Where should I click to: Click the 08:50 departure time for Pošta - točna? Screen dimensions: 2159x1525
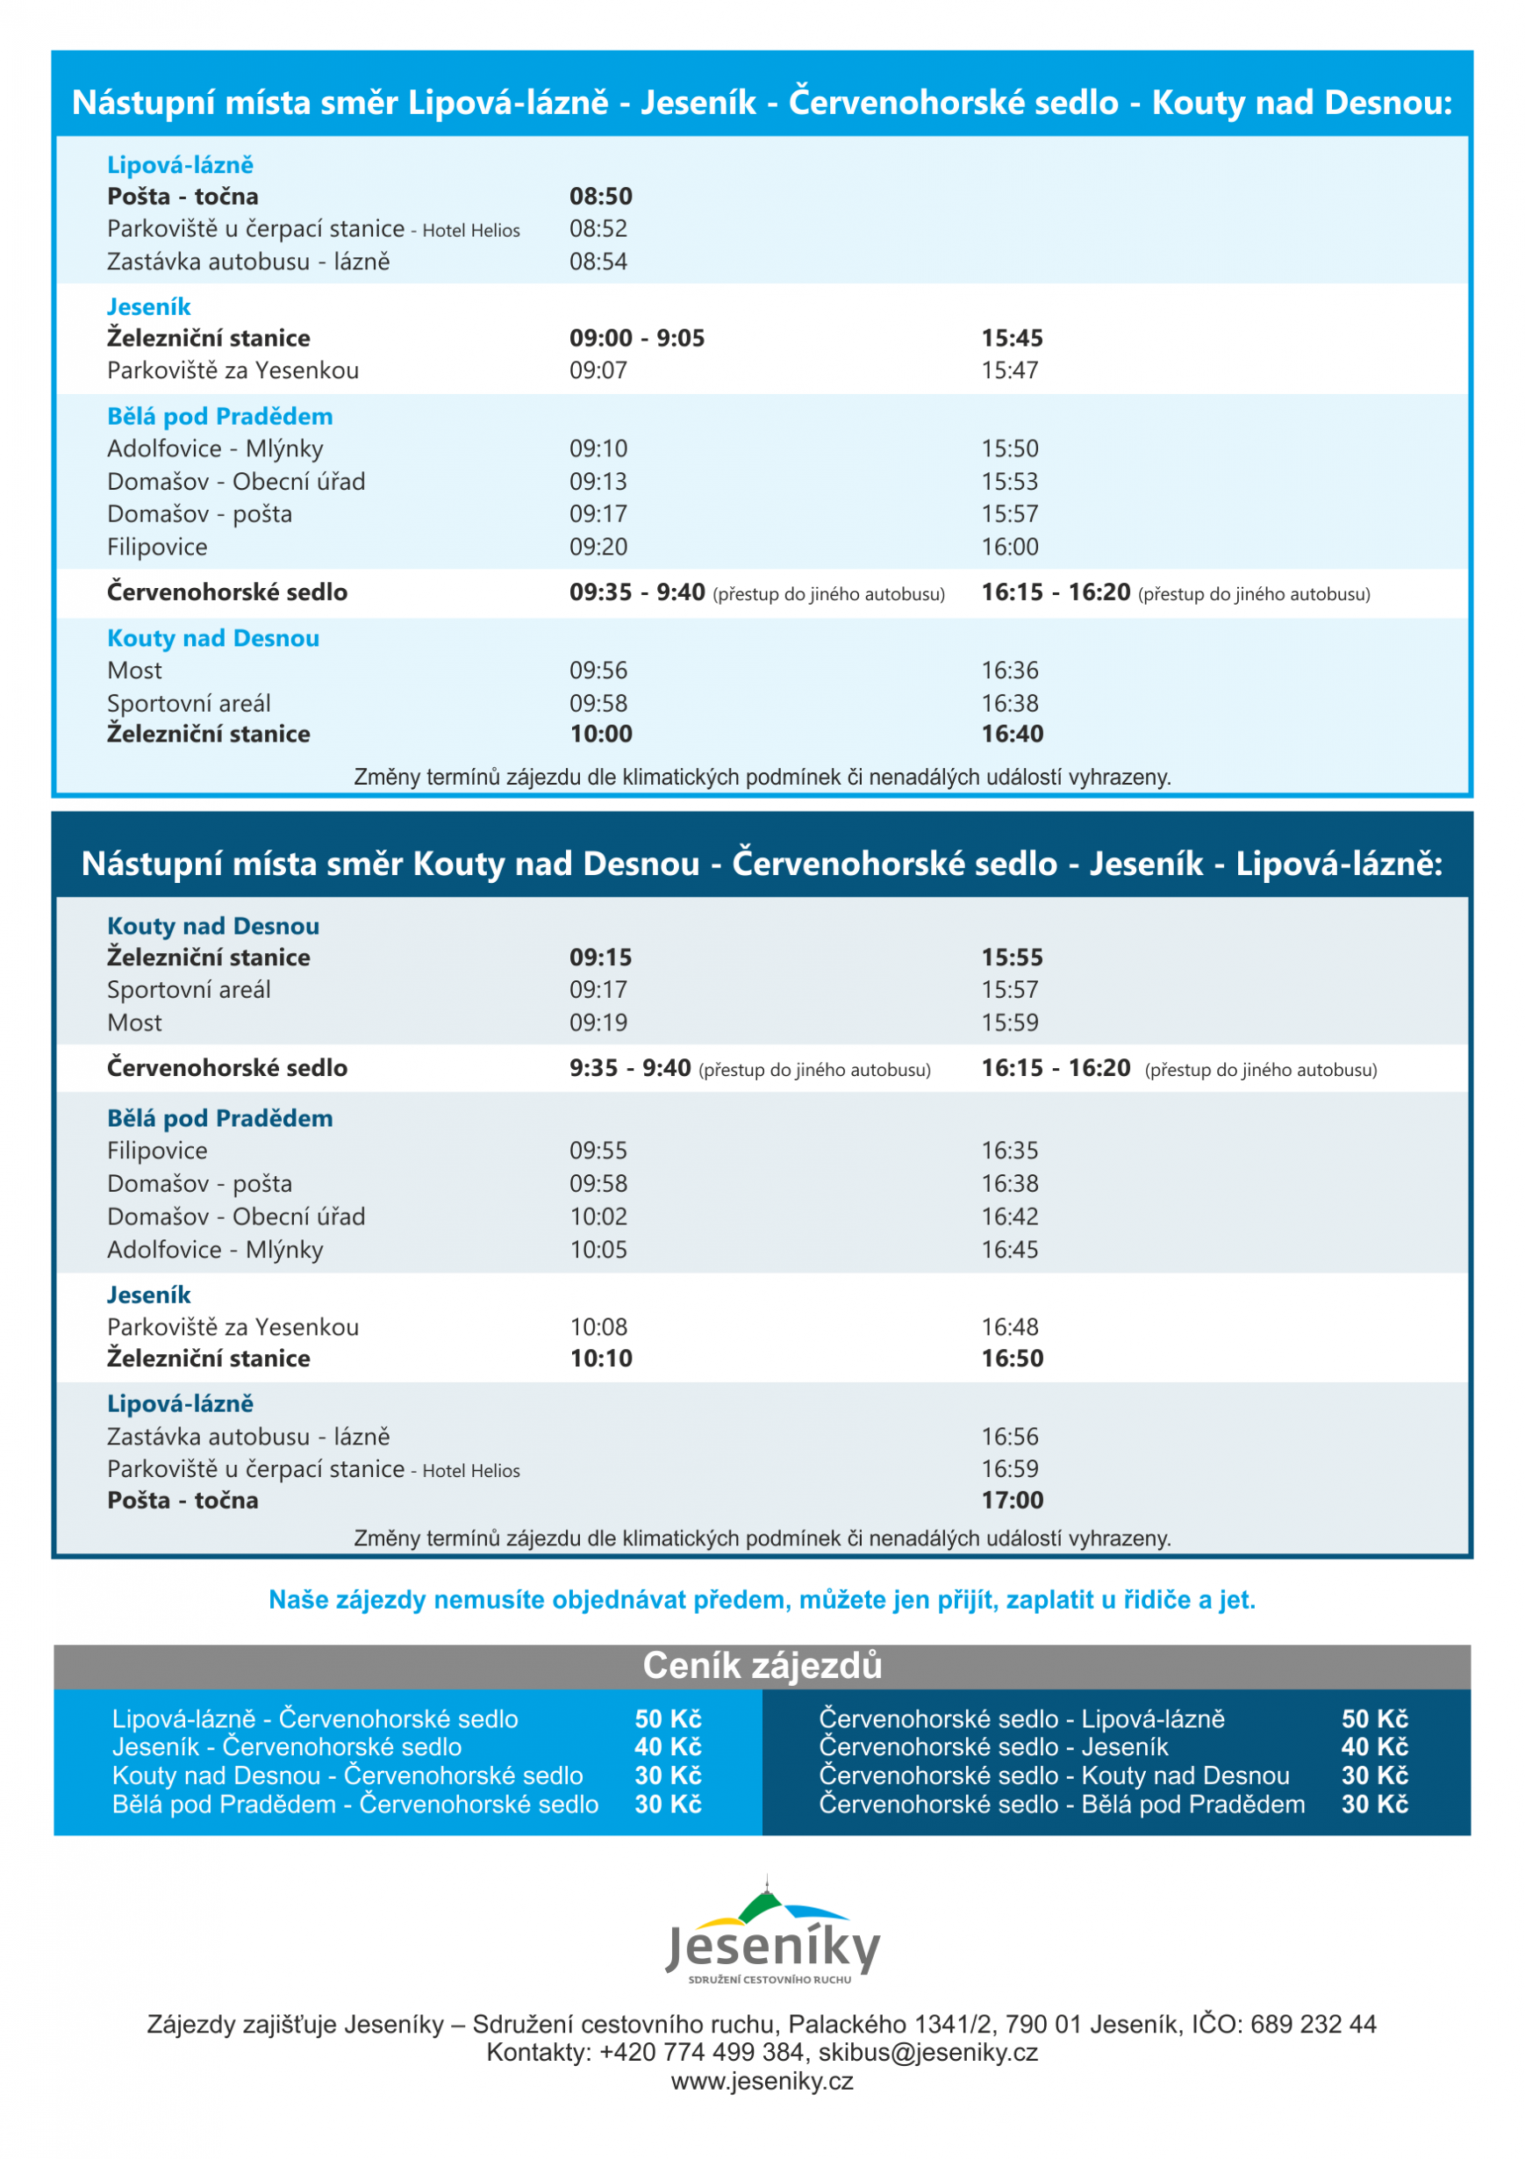point(601,197)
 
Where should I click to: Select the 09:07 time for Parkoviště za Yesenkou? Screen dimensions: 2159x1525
point(598,370)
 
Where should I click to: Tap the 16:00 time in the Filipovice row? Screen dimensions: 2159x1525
point(1010,548)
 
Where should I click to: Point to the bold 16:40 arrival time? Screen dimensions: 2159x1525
point(1012,735)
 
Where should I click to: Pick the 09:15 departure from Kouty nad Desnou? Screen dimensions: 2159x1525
point(601,958)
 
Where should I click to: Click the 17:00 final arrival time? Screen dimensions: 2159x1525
point(1012,1500)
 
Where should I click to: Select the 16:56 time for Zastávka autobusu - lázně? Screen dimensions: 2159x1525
point(1010,1437)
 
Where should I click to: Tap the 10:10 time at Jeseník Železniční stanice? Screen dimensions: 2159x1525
point(601,1358)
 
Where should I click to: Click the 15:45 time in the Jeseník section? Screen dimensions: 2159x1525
point(1012,339)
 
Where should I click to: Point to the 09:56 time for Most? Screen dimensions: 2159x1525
point(598,671)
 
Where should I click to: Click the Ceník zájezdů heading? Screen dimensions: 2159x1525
point(762,1667)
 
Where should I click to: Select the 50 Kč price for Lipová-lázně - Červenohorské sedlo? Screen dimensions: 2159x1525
point(668,1719)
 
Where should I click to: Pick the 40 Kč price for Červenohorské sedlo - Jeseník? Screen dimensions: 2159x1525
point(1375,1747)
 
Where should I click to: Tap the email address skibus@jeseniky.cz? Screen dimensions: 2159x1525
point(928,2053)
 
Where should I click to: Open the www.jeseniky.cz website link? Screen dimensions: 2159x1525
point(762,2082)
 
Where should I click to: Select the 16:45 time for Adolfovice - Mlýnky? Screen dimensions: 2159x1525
point(1010,1250)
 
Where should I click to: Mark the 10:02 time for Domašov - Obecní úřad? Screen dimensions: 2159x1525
point(598,1216)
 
